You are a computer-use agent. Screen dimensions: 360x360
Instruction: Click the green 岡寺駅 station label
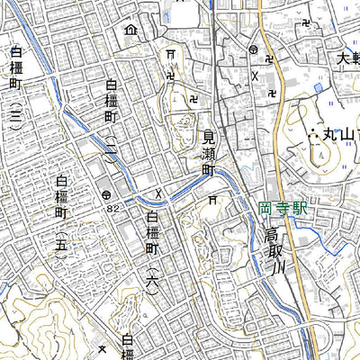pyautogui.click(x=282, y=208)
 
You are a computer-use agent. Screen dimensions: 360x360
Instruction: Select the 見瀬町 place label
pyautogui.click(x=208, y=157)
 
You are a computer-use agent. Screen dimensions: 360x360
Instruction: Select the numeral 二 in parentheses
pyautogui.click(x=111, y=145)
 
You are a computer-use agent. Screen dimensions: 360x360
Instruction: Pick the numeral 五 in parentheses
pyautogui.click(x=60, y=242)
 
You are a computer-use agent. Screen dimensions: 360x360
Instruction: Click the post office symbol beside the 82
pyautogui.click(x=107, y=194)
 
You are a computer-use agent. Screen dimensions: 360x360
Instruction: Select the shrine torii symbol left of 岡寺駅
pyautogui.click(x=212, y=199)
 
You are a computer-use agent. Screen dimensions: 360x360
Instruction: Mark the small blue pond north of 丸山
pyautogui.click(x=319, y=87)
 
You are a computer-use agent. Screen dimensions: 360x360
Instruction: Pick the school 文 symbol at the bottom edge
pyautogui.click(x=103, y=351)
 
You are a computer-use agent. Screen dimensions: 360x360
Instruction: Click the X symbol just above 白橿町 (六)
pyautogui.click(x=158, y=193)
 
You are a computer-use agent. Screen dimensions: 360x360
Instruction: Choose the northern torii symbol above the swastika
pyautogui.click(x=169, y=56)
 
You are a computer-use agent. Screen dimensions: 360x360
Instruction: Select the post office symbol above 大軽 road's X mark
pyautogui.click(x=255, y=50)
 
